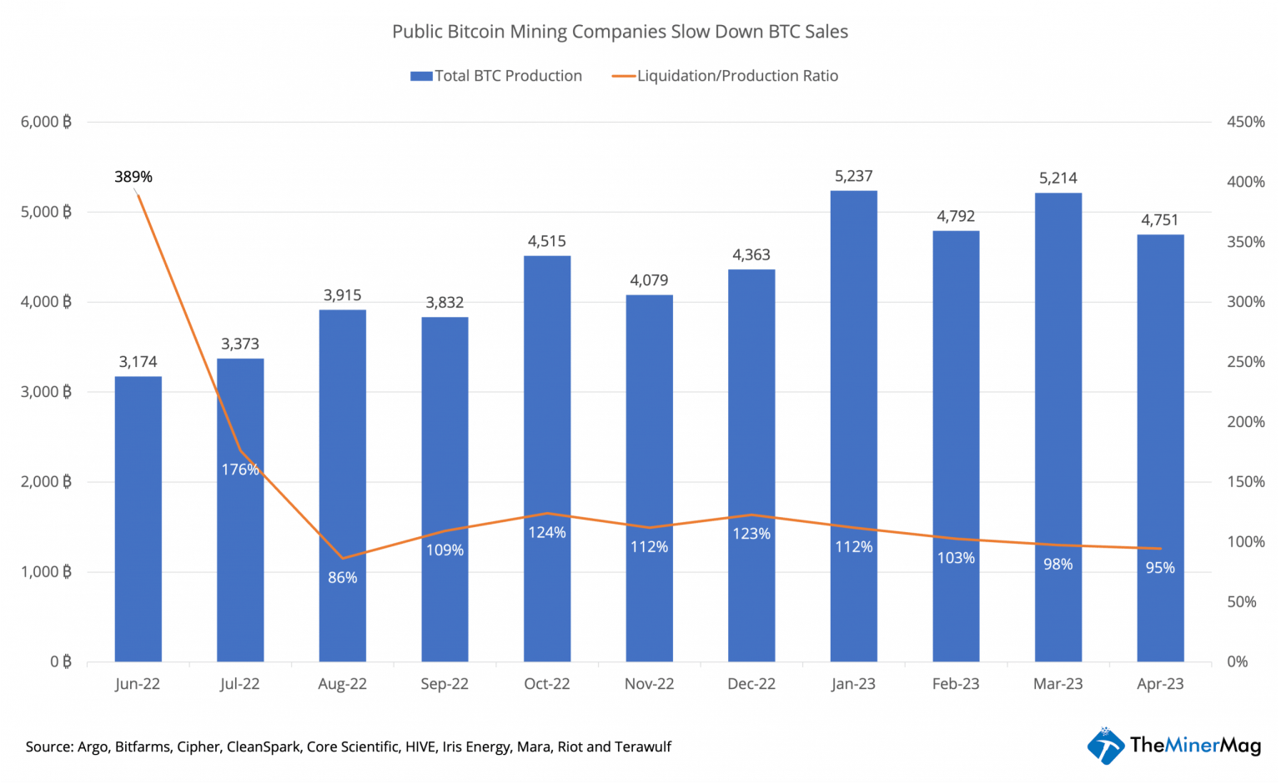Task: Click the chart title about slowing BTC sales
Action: (x=620, y=32)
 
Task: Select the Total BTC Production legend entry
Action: (x=496, y=76)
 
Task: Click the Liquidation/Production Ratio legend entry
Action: (x=725, y=76)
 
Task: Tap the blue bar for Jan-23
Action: (x=853, y=425)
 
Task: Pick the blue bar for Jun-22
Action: (x=138, y=518)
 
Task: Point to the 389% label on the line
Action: (x=133, y=177)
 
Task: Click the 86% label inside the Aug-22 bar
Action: (x=342, y=577)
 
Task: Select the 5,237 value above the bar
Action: (x=853, y=176)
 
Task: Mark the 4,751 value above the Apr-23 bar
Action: (x=1159, y=220)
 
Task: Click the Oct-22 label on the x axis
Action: (x=546, y=684)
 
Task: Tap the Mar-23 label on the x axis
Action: (x=1057, y=684)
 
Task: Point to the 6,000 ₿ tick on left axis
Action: (x=46, y=122)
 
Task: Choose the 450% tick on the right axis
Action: (x=1245, y=122)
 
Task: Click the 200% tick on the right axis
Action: (x=1245, y=422)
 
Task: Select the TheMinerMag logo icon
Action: (x=1106, y=745)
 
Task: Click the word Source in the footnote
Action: (x=48, y=746)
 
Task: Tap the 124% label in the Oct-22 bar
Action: (x=546, y=532)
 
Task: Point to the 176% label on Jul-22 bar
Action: (x=240, y=470)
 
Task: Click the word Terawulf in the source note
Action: (x=642, y=746)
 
